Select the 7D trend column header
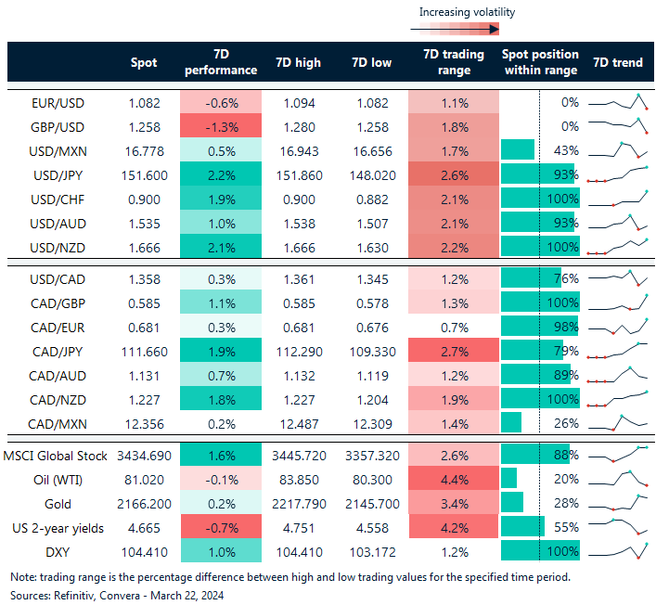pyautogui.click(x=616, y=62)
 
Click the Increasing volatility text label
pyautogui.click(x=467, y=12)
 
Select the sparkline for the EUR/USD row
pyautogui.click(x=616, y=102)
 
